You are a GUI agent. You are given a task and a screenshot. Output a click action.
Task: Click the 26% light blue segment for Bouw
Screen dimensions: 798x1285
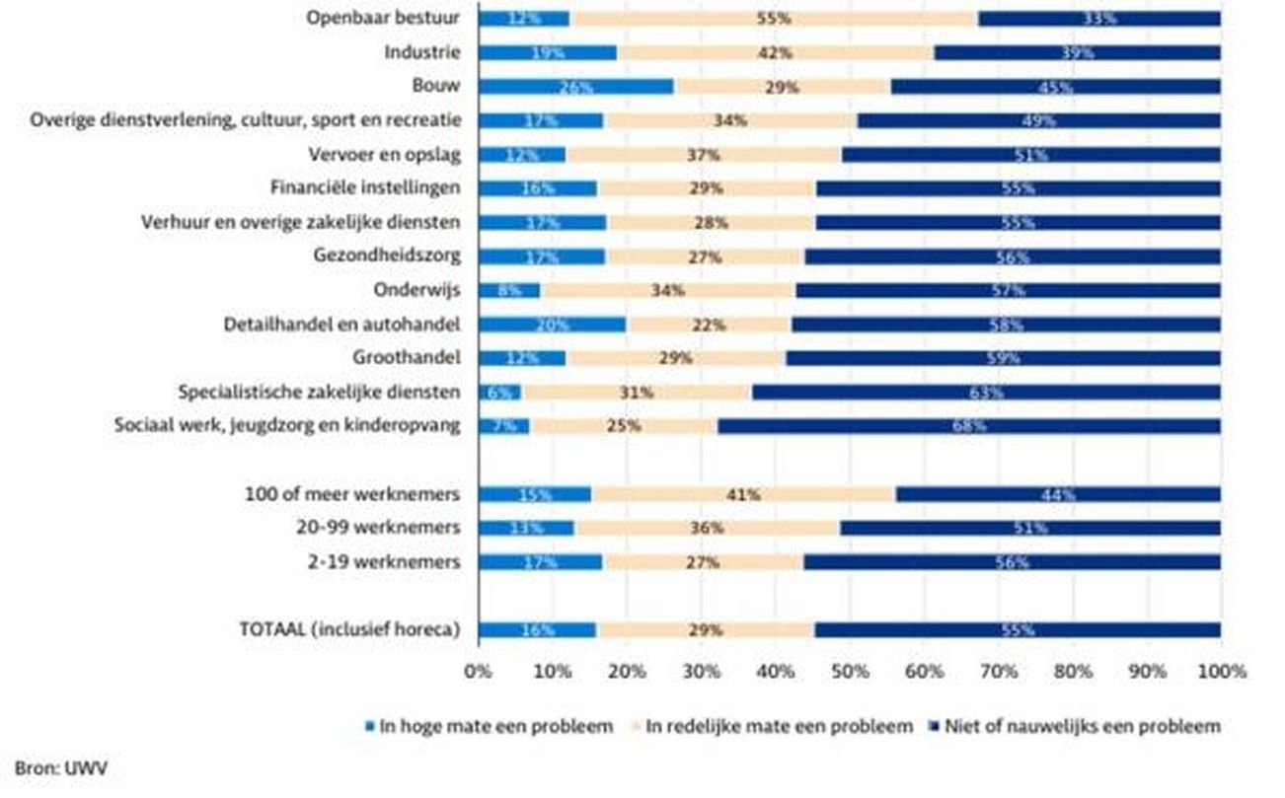[576, 87]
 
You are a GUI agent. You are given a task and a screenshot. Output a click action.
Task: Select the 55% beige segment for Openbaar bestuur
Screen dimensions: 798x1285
[775, 19]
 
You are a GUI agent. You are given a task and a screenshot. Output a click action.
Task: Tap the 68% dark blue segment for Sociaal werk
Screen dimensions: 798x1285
[968, 426]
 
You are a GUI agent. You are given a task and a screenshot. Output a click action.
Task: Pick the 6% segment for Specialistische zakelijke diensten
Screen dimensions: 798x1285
[499, 393]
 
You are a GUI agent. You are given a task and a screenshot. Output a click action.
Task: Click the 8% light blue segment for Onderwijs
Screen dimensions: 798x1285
[509, 290]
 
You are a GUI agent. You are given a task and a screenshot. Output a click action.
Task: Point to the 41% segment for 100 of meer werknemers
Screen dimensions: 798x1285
[744, 494]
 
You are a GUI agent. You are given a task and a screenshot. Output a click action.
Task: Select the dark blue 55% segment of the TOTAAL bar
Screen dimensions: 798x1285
[1017, 630]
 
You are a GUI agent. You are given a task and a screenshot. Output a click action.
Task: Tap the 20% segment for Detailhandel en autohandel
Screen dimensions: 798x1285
[553, 325]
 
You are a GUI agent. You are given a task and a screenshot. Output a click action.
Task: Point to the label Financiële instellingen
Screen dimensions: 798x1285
[365, 187]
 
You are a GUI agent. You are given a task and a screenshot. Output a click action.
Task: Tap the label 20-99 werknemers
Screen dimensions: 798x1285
[378, 528]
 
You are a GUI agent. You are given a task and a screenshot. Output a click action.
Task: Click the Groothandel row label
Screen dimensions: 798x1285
[407, 357]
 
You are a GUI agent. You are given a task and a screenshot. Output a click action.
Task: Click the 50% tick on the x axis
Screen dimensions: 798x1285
[850, 672]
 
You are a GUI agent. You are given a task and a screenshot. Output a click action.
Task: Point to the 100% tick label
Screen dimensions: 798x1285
[1221, 672]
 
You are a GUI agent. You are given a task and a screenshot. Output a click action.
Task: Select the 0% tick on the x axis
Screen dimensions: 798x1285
[478, 672]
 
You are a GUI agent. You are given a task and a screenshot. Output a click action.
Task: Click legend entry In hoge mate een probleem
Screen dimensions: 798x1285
[491, 727]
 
